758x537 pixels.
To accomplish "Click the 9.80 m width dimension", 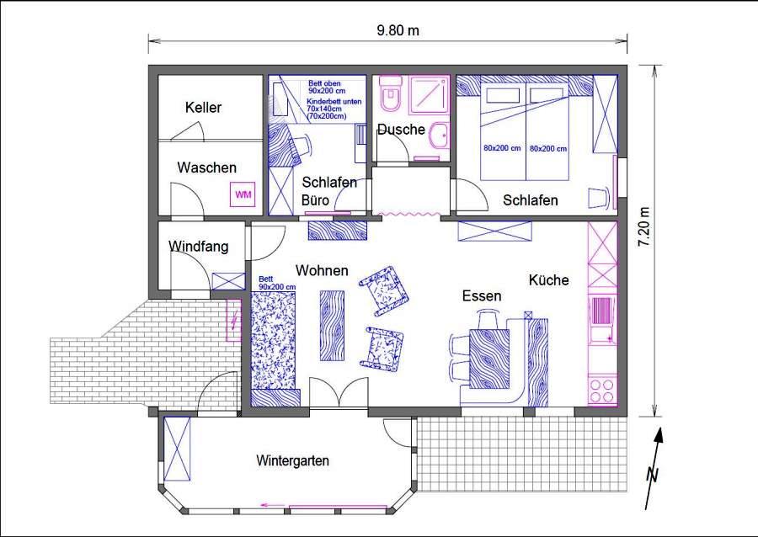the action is click(x=398, y=30).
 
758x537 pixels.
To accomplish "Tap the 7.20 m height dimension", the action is click(x=644, y=227).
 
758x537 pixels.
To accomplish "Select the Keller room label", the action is click(x=203, y=107).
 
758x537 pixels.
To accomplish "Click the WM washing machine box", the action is click(x=243, y=194).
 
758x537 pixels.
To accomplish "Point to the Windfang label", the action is click(x=199, y=247).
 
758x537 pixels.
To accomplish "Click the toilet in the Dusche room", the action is click(x=391, y=93).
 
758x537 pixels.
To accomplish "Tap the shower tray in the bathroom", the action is click(x=430, y=94).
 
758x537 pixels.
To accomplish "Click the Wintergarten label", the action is click(x=292, y=460).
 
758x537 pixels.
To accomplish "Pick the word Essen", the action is click(x=482, y=295).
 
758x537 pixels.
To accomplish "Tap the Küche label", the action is click(x=548, y=280).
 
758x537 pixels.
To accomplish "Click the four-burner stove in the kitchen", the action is click(x=602, y=391).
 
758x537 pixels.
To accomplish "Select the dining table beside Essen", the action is click(x=489, y=359).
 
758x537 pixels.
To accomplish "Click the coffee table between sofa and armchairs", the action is click(x=332, y=326).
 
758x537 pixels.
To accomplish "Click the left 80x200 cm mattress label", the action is click(x=502, y=148).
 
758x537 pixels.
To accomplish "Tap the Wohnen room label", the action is click(x=322, y=270).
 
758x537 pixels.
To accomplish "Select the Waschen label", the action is click(x=207, y=167).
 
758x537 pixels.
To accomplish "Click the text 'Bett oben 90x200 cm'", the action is click(x=327, y=87).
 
